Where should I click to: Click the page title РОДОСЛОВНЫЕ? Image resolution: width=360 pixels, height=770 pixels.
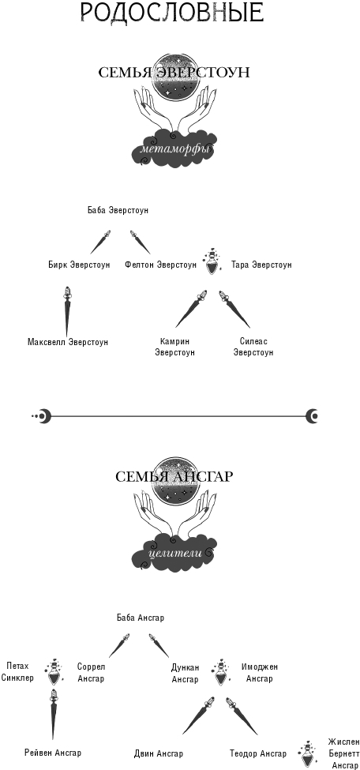pos(172,13)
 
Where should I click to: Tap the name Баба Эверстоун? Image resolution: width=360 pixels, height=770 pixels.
pos(118,211)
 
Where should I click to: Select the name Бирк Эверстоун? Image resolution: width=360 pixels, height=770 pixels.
pos(79,265)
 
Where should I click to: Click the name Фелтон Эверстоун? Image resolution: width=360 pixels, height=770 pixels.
pos(160,265)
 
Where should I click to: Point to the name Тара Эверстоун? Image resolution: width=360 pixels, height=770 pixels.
pos(262,265)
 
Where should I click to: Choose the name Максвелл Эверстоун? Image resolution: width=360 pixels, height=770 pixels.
pos(68,342)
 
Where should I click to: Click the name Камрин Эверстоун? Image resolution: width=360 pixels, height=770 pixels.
pos(174,347)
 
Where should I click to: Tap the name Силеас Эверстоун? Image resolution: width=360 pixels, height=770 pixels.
pos(253,347)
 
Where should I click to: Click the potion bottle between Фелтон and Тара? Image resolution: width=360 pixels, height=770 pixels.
pos(212,261)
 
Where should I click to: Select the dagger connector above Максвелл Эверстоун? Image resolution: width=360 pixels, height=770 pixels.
pos(66,311)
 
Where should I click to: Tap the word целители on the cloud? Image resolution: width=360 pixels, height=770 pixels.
pos(174,553)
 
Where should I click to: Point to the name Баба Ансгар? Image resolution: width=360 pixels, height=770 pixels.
pos(141,618)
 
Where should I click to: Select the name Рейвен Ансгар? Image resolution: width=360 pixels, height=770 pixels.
pos(53,753)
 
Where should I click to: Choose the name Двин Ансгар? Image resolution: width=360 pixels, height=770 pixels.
pos(158,753)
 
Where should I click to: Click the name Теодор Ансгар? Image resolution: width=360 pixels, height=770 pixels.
pos(258,753)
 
